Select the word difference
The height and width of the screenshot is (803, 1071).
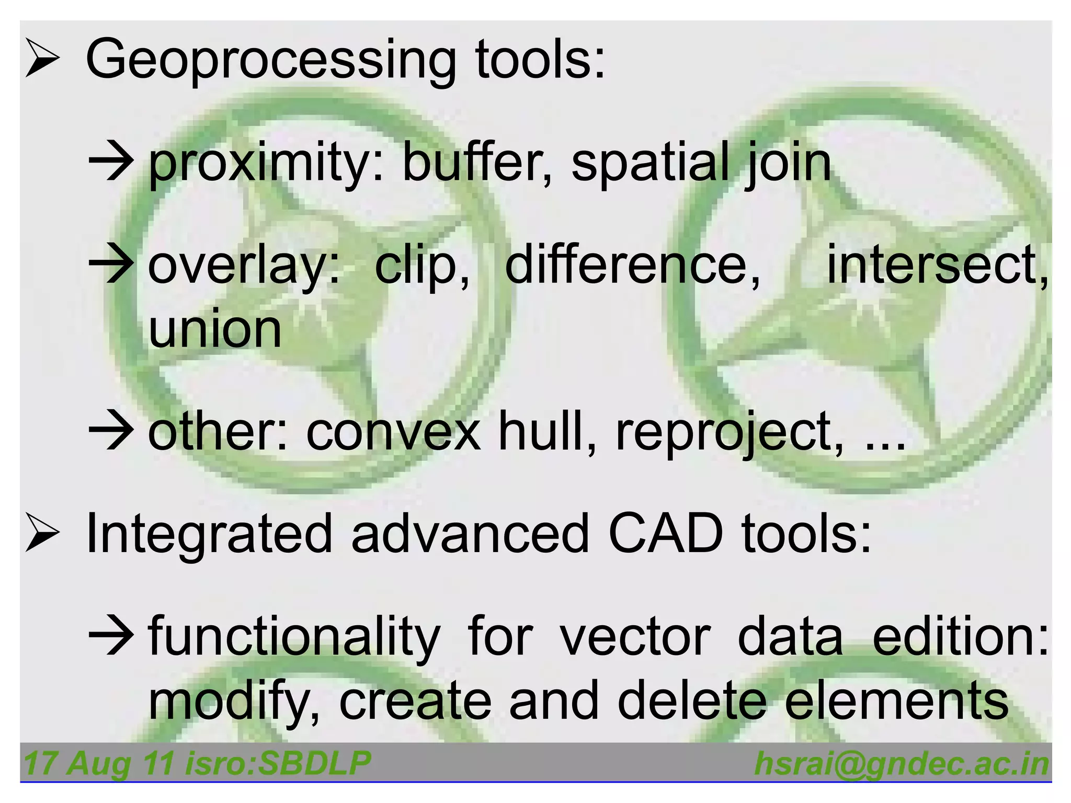pos(633,265)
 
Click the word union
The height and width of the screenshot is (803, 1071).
pos(215,329)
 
